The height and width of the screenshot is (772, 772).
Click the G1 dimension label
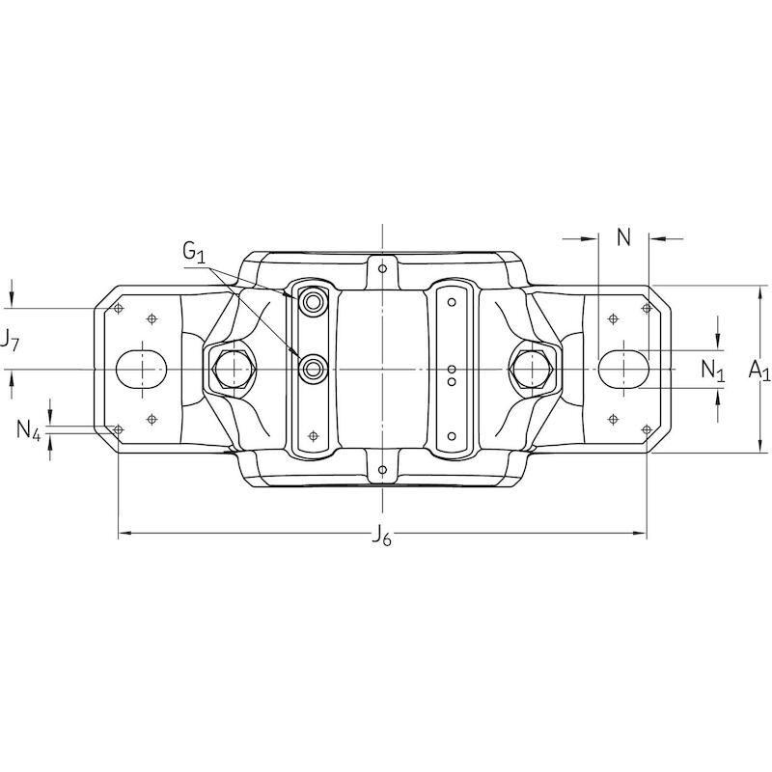tap(194, 252)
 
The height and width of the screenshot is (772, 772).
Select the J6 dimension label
tap(381, 535)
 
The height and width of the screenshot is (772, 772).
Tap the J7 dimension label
tap(9, 341)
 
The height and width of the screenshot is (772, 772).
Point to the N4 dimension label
tap(29, 429)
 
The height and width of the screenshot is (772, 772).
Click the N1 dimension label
tap(713, 370)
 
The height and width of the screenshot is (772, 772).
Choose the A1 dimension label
tap(759, 370)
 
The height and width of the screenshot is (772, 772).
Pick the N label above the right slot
tap(623, 237)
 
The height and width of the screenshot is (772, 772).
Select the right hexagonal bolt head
tap(532, 370)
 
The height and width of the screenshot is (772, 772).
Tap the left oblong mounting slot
tap(141, 370)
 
